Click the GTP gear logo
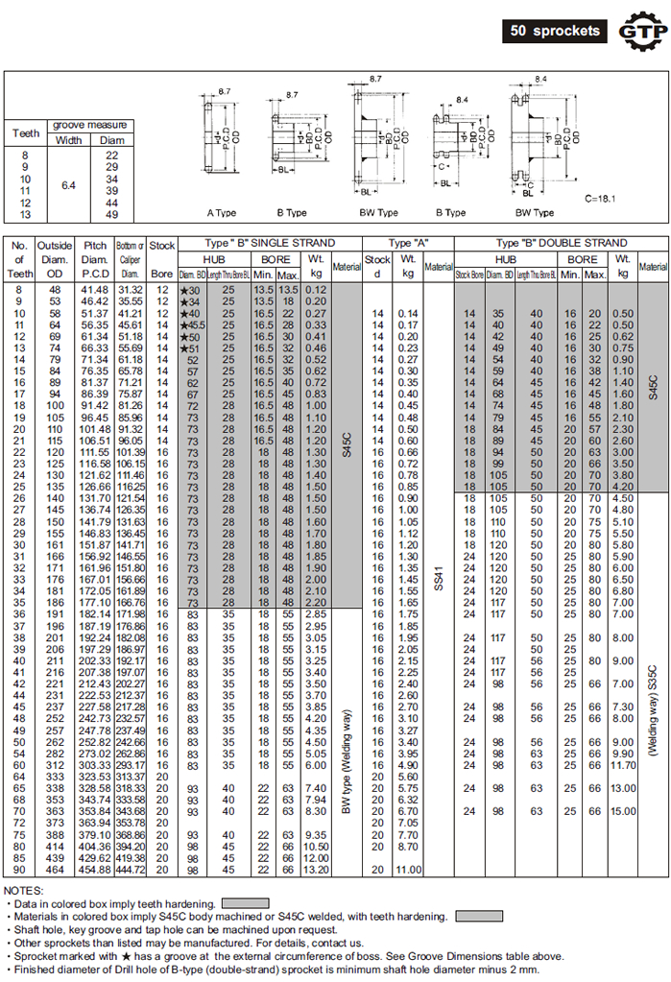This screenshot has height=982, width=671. click(x=639, y=31)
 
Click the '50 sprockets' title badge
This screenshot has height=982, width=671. click(x=556, y=31)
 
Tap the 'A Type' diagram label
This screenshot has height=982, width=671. click(x=222, y=212)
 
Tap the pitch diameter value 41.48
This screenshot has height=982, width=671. click(x=94, y=290)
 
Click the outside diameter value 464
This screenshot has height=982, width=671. click(x=54, y=871)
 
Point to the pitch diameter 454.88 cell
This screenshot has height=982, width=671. click(x=94, y=871)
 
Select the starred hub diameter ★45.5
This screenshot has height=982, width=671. click(x=189, y=325)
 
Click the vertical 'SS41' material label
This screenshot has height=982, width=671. click(x=440, y=577)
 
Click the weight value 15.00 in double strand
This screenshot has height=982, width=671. click(x=623, y=811)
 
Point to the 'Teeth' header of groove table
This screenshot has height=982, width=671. click(x=26, y=132)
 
